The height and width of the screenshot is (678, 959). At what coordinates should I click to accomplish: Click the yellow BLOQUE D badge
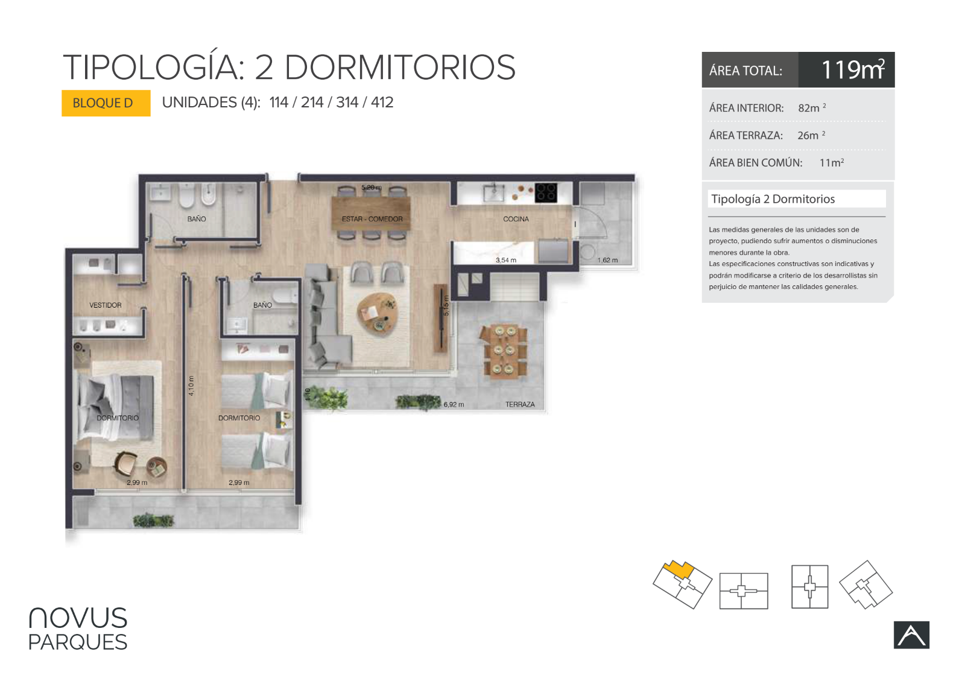tap(106, 103)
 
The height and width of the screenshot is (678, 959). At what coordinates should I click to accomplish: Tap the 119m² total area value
tap(853, 69)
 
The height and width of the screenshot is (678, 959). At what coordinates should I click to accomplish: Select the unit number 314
tap(347, 103)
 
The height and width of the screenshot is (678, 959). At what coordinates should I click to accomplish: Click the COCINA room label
tap(516, 219)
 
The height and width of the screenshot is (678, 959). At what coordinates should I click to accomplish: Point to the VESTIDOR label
tap(106, 305)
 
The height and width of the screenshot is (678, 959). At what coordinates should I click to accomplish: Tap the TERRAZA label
tap(520, 404)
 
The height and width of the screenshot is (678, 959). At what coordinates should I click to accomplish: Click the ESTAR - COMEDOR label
tap(372, 219)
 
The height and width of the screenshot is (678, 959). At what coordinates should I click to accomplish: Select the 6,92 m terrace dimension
tap(454, 404)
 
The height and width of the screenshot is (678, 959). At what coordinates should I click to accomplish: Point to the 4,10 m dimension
tap(191, 385)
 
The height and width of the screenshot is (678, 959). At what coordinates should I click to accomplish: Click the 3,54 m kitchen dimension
tap(506, 260)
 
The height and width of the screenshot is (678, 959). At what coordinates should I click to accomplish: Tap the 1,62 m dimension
tap(607, 260)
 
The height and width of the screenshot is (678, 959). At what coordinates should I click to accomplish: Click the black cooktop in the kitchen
tap(546, 192)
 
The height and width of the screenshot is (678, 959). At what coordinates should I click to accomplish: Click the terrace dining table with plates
tap(504, 350)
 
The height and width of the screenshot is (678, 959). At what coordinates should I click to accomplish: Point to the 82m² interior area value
tap(812, 107)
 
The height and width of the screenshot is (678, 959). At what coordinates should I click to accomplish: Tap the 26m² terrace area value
tap(811, 135)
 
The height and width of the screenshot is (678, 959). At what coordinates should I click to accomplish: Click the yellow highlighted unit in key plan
tap(679, 570)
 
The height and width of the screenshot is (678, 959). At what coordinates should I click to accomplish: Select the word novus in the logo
tap(78, 618)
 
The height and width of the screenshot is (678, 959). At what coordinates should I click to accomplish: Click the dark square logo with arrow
tap(911, 635)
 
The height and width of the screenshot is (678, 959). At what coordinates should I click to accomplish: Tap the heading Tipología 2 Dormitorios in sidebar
tap(773, 199)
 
